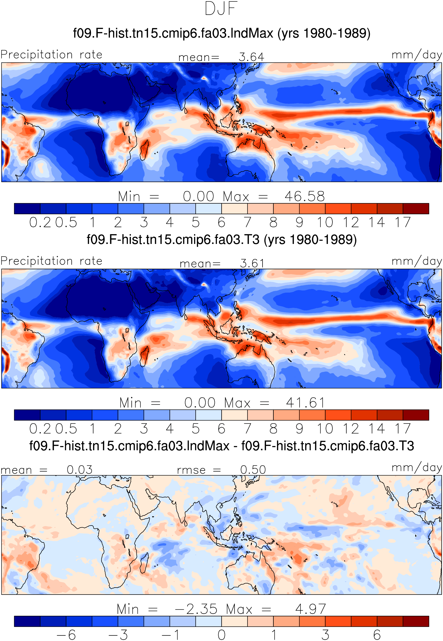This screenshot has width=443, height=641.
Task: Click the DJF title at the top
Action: [x=221, y=8]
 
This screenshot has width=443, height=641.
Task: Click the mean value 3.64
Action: [x=251, y=57]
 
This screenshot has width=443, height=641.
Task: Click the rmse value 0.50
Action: [x=253, y=470]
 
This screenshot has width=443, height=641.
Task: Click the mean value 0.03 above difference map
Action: [x=79, y=470]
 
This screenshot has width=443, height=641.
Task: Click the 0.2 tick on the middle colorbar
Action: [x=40, y=428]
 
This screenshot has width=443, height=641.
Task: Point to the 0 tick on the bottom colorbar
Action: [x=222, y=635]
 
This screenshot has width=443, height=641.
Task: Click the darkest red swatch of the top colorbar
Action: [x=416, y=208]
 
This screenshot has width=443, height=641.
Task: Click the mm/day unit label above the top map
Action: [x=416, y=55]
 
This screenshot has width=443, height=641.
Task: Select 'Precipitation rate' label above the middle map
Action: [x=51, y=261]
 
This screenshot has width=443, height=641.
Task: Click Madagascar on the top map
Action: [x=144, y=150]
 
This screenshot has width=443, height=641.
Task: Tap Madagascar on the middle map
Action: [x=144, y=356]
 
